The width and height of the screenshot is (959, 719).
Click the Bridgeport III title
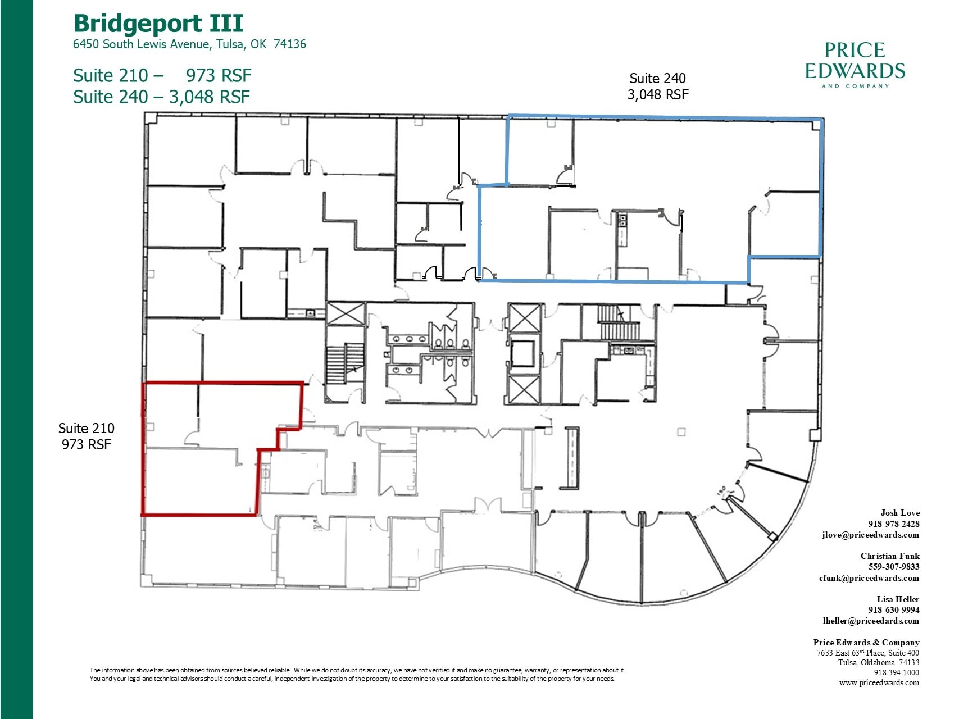click(x=158, y=24)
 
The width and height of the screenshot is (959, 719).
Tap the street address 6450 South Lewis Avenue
click(x=189, y=44)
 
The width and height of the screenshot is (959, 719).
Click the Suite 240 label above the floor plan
click(x=657, y=79)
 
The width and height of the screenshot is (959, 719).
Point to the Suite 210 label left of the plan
click(x=86, y=429)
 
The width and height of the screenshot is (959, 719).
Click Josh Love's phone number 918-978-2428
click(x=893, y=524)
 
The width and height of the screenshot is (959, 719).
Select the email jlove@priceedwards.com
click(x=870, y=535)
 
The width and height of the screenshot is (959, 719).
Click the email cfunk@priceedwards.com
click(x=869, y=578)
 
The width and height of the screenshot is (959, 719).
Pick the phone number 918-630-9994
click(x=893, y=610)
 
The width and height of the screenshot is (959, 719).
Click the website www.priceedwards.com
click(x=879, y=683)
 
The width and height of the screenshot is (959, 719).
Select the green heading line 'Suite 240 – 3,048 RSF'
click(x=161, y=97)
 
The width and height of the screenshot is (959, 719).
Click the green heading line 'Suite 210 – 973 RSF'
click(x=162, y=75)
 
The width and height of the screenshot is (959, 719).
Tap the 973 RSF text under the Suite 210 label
click(x=86, y=445)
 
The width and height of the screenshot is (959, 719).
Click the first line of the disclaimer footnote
click(x=357, y=670)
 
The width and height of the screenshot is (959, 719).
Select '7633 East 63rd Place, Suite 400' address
click(x=867, y=653)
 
